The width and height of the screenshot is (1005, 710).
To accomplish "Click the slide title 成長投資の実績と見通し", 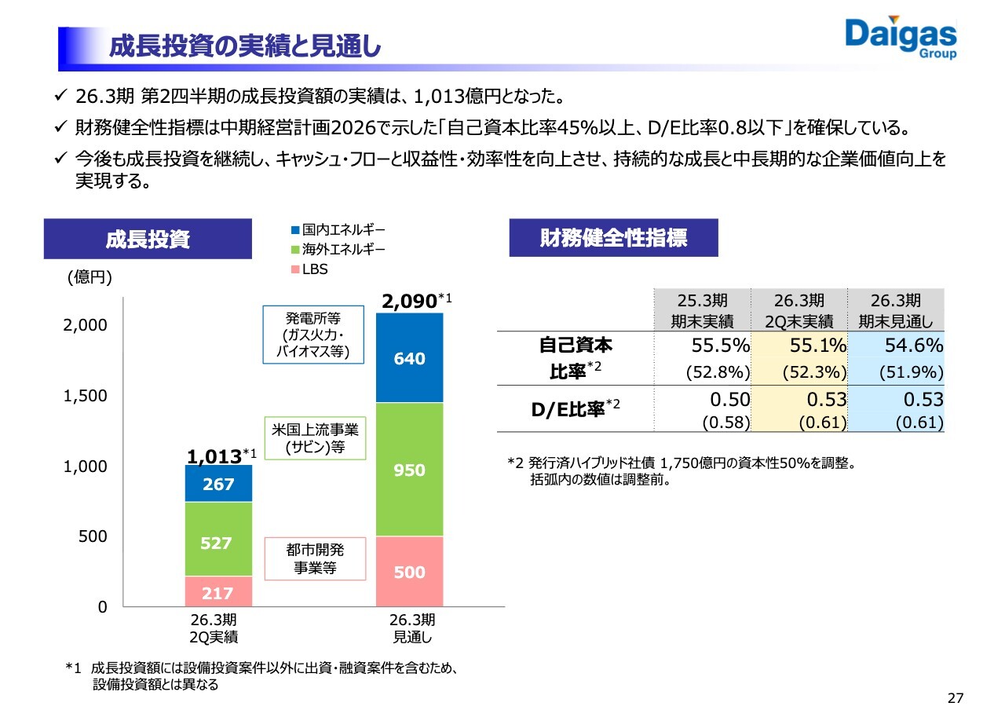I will point(244,47).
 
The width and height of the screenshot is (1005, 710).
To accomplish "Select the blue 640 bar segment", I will point(409,358).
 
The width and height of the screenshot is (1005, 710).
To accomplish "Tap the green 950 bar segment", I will point(409,470).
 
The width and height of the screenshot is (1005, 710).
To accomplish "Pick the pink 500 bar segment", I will point(409,572).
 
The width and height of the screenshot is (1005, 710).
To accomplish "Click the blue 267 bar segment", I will point(218,484).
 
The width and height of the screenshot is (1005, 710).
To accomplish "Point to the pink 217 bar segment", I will point(218,591).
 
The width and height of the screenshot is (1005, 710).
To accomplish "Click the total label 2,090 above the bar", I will point(409,301).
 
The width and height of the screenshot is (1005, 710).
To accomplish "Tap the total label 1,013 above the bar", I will point(214,456).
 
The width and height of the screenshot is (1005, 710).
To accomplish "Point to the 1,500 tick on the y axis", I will point(86,396).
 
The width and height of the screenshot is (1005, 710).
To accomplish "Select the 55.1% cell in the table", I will point(799,346).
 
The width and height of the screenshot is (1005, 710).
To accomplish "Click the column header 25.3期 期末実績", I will point(702,310).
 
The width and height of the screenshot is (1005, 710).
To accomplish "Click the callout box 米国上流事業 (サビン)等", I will point(315,439).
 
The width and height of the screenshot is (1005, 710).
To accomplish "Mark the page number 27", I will point(955,698).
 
